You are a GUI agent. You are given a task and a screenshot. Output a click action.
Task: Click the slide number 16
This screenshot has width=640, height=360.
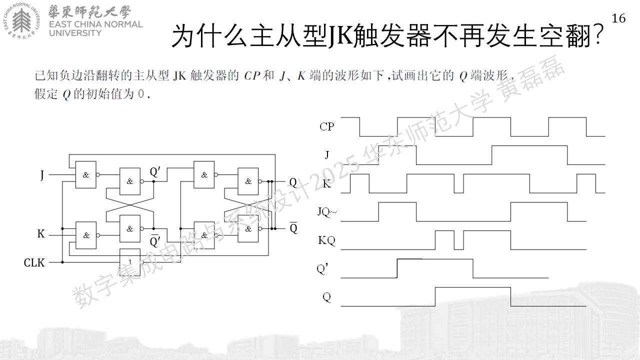point(618,18)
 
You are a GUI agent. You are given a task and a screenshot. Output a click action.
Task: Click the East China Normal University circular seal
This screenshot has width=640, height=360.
point(22,21)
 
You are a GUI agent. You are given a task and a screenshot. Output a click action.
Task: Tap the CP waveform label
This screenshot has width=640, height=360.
point(327,126)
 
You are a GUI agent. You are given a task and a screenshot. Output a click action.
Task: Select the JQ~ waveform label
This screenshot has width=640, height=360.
point(327,211)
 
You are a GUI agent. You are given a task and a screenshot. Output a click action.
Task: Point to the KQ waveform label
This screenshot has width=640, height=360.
point(326,240)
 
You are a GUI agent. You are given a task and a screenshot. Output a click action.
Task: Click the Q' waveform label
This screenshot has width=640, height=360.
point(322,268)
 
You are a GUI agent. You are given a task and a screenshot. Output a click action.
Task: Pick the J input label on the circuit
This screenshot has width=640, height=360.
point(42,175)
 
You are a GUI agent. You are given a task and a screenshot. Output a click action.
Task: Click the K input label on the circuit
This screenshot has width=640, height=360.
point(41,233)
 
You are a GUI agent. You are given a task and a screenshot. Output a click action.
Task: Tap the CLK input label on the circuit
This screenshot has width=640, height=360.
point(34,262)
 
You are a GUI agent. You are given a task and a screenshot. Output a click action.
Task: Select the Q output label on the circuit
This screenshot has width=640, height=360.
point(293,182)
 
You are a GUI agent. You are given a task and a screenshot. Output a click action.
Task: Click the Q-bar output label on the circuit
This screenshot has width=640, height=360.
point(293,227)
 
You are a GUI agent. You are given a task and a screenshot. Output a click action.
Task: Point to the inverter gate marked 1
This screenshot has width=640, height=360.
point(130,262)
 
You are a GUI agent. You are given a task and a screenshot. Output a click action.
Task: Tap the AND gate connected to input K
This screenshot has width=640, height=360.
point(86,235)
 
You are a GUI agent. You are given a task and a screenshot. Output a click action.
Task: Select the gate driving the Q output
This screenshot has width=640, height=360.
point(248,181)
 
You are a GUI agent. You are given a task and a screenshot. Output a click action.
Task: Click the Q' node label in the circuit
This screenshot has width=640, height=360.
point(155,172)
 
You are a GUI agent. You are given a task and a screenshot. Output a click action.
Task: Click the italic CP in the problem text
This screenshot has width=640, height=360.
point(251,76)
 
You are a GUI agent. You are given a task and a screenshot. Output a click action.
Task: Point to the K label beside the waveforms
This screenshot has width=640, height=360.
point(327,183)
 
